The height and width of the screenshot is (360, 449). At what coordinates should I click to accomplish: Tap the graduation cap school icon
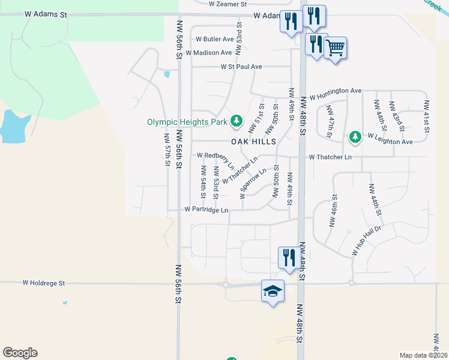click(x=273, y=291)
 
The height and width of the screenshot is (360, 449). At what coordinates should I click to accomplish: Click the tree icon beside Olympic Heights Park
click(x=237, y=121)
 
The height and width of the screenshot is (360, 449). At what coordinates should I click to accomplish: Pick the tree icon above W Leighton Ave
click(x=355, y=137)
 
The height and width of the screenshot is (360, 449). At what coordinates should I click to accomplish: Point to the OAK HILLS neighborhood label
click(x=254, y=142)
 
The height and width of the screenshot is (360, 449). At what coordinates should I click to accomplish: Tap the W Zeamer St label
click(x=228, y=4)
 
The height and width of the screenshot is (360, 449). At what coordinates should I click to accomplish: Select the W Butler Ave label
click(x=214, y=39)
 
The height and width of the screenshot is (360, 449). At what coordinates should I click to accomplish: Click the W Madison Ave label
click(x=208, y=53)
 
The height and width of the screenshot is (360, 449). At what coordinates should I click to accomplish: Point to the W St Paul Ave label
click(x=241, y=67)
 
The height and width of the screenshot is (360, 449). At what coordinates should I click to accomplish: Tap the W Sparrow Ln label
click(x=253, y=184)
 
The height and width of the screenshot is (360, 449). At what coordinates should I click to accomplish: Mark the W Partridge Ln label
click(x=206, y=210)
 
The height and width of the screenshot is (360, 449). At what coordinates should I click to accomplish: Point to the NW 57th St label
click(x=167, y=150)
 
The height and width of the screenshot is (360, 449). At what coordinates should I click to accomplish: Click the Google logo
click(x=20, y=353)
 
